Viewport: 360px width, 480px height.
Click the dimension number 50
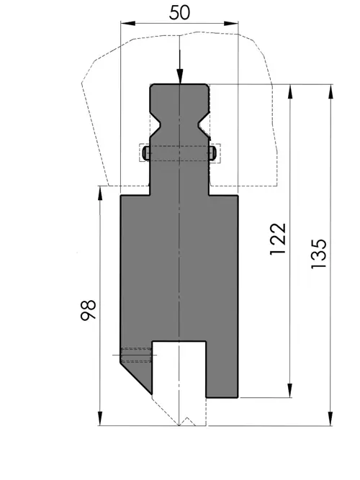pyautogui.click(x=179, y=13)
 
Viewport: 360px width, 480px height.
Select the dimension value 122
pyautogui.click(x=278, y=239)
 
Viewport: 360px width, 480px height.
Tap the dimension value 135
pyautogui.click(x=319, y=254)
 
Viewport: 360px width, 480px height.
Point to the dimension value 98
pyautogui.click(x=89, y=309)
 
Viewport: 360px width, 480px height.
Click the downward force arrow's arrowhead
pyautogui.click(x=180, y=76)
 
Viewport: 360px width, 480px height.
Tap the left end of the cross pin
pyautogui.click(x=146, y=153)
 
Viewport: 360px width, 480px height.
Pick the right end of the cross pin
pyautogui.click(x=213, y=153)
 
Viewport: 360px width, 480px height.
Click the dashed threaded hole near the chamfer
pyautogui.click(x=136, y=355)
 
